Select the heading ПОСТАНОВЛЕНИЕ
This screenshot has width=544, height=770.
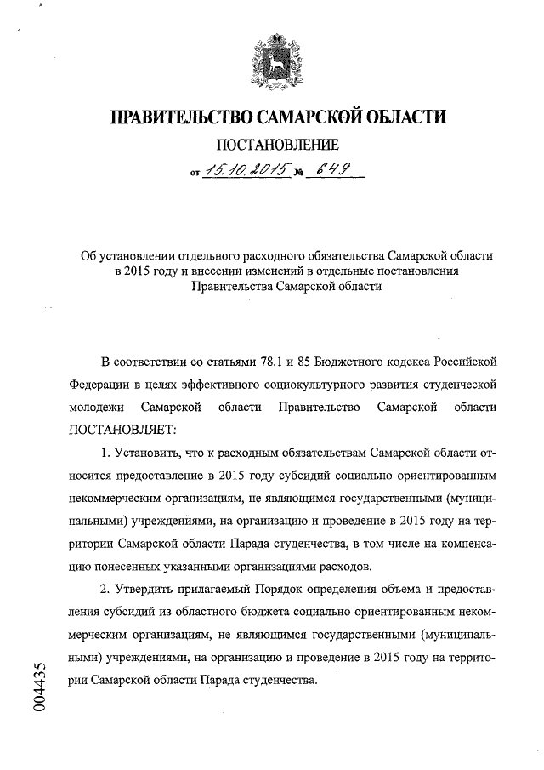tap(272, 145)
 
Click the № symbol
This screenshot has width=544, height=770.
tap(298, 174)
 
